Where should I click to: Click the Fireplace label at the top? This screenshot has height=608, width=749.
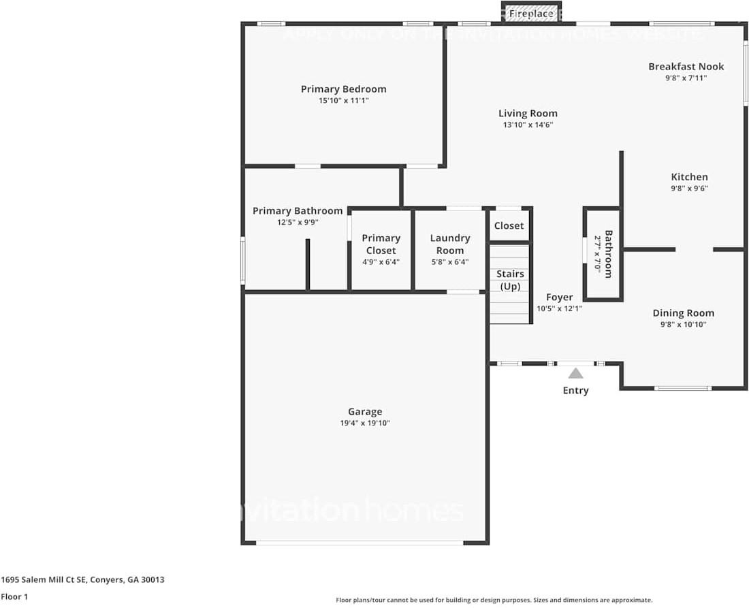click(531, 14)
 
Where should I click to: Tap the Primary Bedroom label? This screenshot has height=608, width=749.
click(343, 89)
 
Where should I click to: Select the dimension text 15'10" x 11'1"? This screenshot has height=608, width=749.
click(343, 101)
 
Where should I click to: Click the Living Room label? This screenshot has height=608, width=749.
click(528, 114)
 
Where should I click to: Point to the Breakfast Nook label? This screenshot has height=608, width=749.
click(686, 67)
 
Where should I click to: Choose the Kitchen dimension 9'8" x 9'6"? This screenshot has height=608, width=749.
click(689, 189)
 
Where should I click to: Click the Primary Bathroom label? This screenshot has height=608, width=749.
click(298, 211)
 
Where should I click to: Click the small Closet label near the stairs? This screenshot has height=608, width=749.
click(509, 225)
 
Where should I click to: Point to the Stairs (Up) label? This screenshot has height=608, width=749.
click(510, 280)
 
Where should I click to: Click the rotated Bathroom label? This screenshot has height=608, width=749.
click(608, 254)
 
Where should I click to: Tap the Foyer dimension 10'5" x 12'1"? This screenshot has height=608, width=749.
click(559, 308)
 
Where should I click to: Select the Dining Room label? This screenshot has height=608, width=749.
click(683, 313)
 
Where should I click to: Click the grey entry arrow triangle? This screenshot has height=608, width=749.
click(575, 373)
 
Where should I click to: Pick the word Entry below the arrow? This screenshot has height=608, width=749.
click(575, 390)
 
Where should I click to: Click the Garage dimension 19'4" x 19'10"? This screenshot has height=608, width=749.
click(365, 423)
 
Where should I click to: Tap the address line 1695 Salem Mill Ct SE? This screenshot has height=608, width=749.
click(82, 580)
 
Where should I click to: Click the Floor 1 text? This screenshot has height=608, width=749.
click(15, 596)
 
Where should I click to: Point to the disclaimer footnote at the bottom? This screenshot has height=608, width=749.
click(494, 600)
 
